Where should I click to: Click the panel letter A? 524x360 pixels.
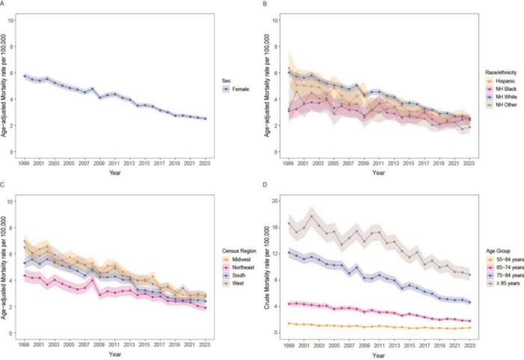point(4,4)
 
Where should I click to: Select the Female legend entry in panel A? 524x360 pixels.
point(237,88)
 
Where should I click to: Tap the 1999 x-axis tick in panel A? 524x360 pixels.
point(25,163)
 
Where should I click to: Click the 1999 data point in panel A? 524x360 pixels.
point(25,76)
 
